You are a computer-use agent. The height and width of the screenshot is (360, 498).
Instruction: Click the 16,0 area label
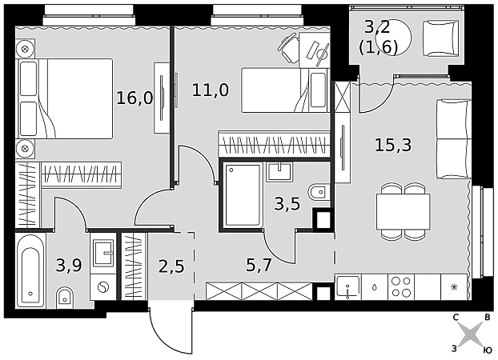click(135, 98)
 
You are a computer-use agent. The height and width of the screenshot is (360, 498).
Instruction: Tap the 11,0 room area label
click(211, 90)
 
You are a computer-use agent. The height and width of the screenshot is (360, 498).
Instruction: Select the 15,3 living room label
click(393, 145)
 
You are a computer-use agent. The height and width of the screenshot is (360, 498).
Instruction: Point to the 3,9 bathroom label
click(69, 265)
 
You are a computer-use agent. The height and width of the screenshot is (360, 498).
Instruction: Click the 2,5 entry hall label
click(171, 266)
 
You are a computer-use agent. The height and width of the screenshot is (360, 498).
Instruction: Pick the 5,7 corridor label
click(259, 265)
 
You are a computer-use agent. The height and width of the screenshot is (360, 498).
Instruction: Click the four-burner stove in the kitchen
click(401, 287)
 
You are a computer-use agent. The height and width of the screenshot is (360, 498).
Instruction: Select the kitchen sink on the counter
click(348, 287)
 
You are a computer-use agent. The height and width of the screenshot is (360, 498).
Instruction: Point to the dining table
click(403, 211)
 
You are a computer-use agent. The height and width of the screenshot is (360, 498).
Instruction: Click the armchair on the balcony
click(440, 38)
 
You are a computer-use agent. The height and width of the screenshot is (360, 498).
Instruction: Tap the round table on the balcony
click(393, 38)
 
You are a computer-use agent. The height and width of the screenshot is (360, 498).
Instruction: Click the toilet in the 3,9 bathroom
click(65, 298)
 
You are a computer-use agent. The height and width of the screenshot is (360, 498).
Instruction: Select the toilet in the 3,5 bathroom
click(319, 192)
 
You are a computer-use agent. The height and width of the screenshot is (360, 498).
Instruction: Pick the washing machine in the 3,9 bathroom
click(103, 287)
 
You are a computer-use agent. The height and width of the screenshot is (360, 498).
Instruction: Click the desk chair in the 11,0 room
click(287, 48)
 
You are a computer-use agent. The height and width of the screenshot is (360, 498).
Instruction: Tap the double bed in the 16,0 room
click(65, 98)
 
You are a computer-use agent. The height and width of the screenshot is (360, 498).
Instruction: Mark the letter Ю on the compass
click(488, 350)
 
